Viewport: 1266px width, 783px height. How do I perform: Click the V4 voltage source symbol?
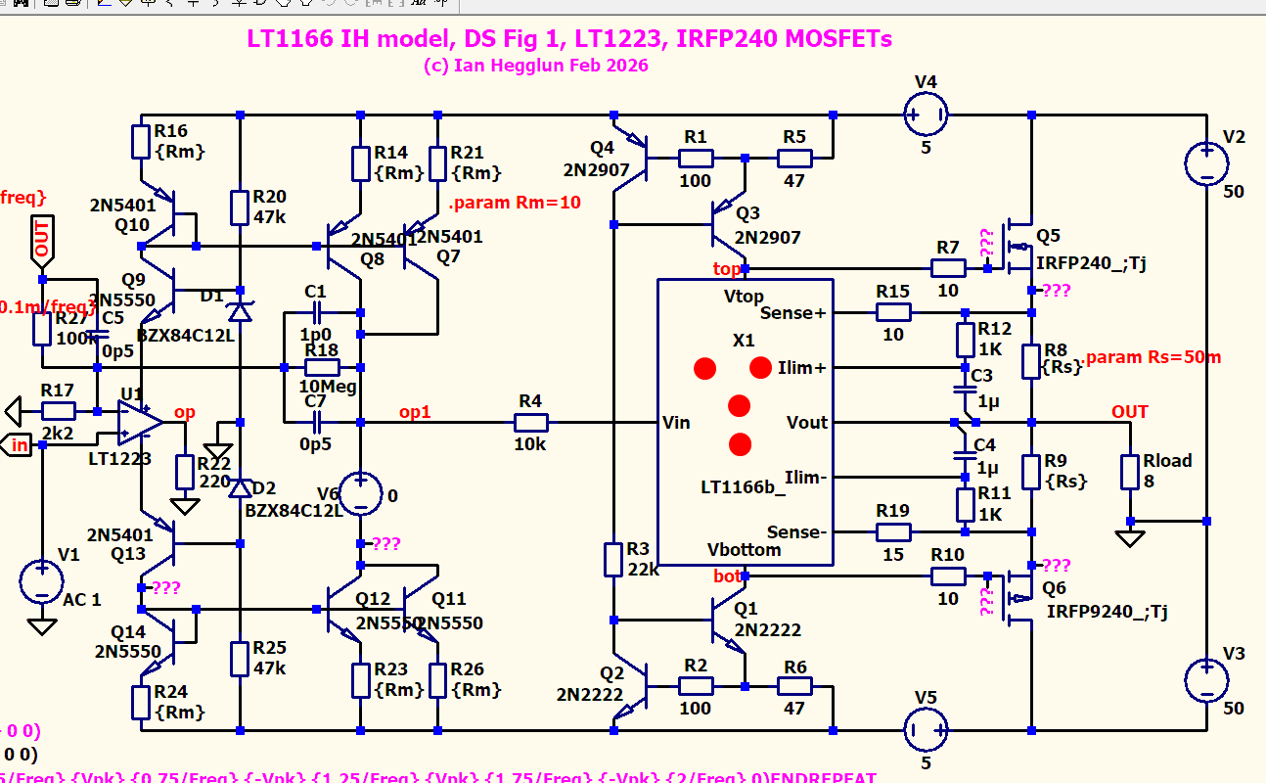(925, 115)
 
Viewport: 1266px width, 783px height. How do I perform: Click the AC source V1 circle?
(42, 582)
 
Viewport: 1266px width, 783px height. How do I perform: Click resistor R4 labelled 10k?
(531, 423)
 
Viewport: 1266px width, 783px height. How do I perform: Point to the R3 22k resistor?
(612, 559)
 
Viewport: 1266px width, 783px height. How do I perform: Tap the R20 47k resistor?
(240, 207)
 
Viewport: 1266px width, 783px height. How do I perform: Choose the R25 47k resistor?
(240, 658)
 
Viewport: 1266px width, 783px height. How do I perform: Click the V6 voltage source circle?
(361, 494)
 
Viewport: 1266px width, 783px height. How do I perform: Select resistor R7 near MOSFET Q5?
(947, 268)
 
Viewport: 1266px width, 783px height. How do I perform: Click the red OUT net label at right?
(1129, 412)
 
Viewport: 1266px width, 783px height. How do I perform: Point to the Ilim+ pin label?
(801, 368)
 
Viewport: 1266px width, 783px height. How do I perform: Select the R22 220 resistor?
(183, 472)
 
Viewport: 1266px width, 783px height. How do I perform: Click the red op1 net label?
(415, 412)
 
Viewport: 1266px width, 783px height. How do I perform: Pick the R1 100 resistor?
(696, 157)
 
